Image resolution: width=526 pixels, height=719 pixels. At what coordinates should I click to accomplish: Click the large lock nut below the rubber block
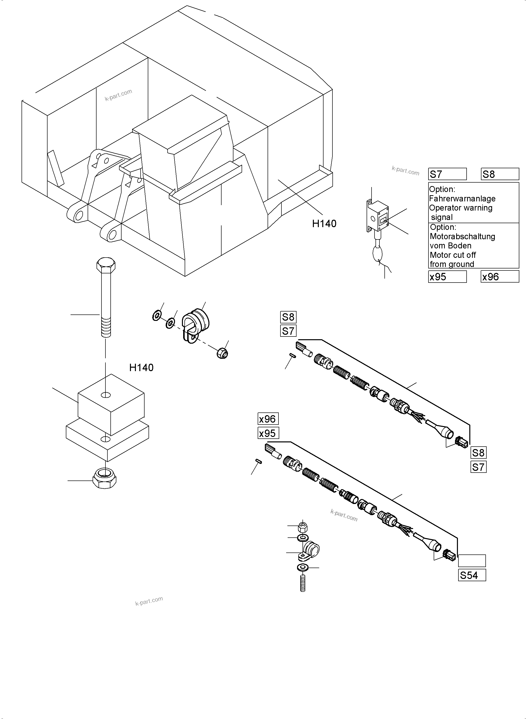(105, 478)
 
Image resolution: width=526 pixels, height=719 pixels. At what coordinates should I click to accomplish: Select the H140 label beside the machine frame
(324, 224)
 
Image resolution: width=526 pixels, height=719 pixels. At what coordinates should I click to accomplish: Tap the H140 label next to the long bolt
(141, 368)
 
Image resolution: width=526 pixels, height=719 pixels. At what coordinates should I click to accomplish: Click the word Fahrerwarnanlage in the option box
(462, 199)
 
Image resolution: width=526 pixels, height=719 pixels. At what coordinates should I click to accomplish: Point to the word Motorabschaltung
(462, 237)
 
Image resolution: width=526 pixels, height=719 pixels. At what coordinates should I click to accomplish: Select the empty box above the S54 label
(472, 560)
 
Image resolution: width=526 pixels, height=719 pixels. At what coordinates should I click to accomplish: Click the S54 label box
(472, 575)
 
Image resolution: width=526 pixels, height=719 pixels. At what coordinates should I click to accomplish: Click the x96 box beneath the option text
(499, 277)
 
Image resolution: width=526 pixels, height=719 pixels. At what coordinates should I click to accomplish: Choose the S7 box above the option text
(447, 174)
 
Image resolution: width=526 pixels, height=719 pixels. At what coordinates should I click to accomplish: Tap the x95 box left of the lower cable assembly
(268, 433)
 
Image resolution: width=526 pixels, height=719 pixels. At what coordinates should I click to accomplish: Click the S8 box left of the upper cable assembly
(288, 317)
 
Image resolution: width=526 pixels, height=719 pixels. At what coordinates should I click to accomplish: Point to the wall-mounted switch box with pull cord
(378, 216)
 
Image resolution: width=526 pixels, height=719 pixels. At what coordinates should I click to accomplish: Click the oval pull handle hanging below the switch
(378, 255)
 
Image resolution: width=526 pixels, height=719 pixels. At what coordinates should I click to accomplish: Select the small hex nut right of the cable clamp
(222, 353)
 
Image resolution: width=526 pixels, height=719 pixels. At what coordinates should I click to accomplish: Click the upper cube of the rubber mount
(111, 404)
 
